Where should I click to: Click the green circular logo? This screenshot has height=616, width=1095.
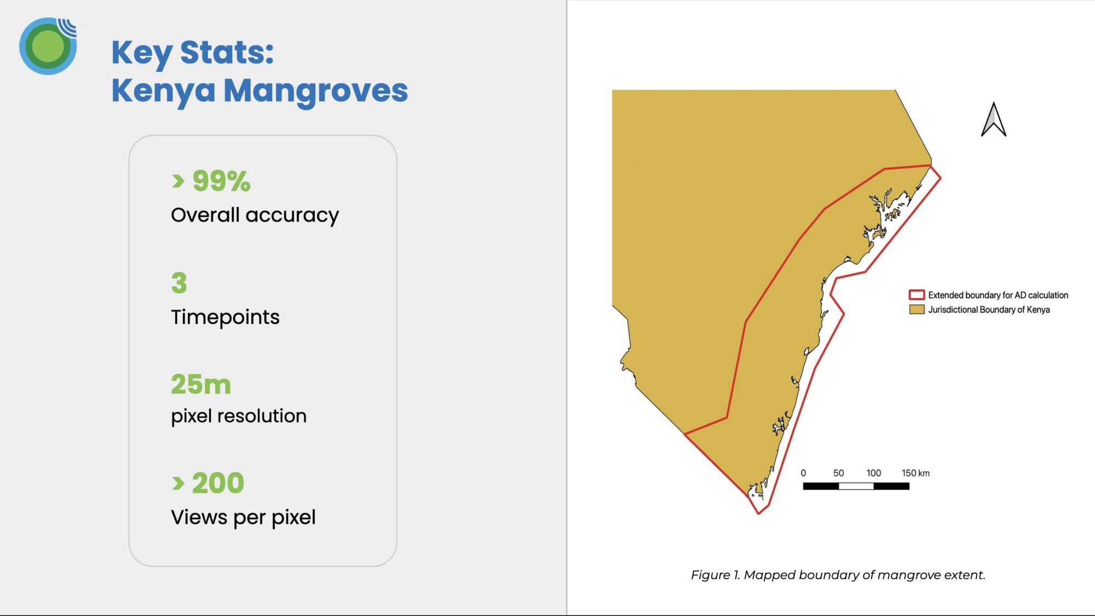48,46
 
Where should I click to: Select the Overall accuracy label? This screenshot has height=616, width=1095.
255,215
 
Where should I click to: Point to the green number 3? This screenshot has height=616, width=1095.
179,283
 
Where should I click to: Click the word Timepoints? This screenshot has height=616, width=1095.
225,317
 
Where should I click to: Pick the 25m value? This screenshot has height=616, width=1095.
201,384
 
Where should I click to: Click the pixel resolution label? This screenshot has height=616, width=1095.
239,416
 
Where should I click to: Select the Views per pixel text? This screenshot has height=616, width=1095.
243,518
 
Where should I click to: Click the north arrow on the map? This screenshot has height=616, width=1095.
993,119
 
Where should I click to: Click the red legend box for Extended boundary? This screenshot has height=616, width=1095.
917,295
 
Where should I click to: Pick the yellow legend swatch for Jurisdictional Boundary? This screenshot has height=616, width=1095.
917,310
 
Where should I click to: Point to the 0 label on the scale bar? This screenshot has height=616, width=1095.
803,473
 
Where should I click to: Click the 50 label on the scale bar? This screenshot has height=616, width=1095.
838,473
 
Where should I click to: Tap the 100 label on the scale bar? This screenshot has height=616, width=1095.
873,473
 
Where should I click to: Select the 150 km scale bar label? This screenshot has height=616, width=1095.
915,473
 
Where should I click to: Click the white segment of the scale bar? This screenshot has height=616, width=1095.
856,486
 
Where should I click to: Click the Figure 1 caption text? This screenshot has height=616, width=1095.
838,575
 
